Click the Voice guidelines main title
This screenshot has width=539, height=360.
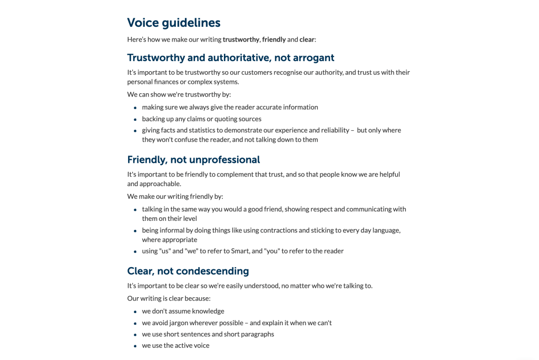173,23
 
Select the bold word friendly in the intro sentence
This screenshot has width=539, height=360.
273,40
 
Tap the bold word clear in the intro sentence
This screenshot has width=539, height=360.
307,40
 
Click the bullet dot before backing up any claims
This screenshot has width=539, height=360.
135,119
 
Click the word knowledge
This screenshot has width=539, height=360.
208,311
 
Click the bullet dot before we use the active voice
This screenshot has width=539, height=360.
135,346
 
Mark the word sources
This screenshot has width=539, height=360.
249,119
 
